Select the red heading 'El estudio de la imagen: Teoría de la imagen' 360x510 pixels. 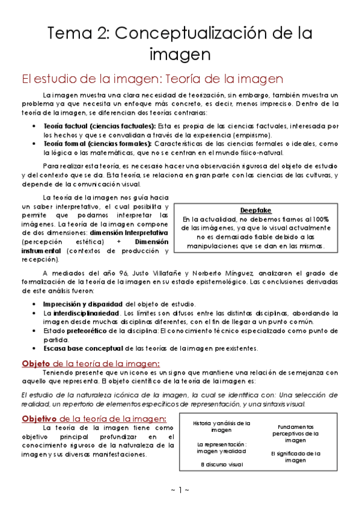153,79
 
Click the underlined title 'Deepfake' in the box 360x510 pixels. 255,210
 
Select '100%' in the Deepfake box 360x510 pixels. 320,220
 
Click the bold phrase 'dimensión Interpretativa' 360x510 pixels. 129,232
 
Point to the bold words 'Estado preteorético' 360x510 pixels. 75,331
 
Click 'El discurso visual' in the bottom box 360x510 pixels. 221,464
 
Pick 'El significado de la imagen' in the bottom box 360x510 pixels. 296,456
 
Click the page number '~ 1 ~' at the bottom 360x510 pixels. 180,490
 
